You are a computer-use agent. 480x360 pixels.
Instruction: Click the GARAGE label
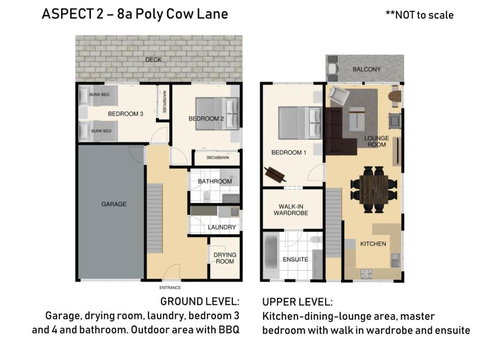click(x=113, y=203)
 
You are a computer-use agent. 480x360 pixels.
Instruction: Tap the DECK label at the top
click(x=152, y=61)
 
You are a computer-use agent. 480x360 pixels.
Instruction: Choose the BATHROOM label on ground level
click(x=214, y=181)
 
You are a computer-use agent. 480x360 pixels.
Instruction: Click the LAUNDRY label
click(x=222, y=227)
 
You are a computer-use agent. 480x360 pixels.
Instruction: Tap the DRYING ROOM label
click(x=224, y=257)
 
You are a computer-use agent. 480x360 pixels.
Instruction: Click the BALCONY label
click(x=365, y=68)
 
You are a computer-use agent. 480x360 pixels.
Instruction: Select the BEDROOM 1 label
click(x=288, y=152)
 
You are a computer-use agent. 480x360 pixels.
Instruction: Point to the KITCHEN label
click(x=373, y=243)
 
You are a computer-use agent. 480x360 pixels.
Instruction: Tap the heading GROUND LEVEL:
click(x=199, y=300)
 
